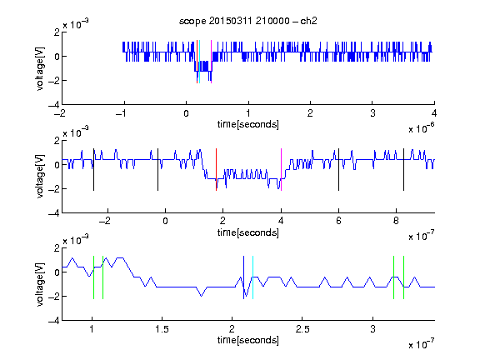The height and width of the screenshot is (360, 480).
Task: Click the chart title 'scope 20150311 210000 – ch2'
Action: (248, 21)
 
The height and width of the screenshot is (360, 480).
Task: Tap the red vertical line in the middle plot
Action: (216, 170)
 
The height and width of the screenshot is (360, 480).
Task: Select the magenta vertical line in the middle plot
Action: (281, 170)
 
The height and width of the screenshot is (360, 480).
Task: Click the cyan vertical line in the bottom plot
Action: (252, 277)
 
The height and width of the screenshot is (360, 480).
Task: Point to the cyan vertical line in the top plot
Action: (200, 62)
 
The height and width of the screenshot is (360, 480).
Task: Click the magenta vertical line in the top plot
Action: (211, 62)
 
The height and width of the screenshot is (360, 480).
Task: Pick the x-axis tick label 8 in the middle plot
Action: (396, 221)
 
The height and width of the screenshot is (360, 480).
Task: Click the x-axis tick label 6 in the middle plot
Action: (338, 221)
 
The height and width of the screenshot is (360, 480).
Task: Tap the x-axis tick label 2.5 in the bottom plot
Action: (302, 329)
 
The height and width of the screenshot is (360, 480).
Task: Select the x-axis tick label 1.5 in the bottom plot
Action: (162, 329)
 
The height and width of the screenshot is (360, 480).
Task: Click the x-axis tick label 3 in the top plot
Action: (372, 113)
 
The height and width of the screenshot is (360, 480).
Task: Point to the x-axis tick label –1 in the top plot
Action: (122, 113)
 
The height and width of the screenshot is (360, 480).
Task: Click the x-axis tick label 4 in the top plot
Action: (434, 113)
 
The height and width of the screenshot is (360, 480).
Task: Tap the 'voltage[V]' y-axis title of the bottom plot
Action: (40, 284)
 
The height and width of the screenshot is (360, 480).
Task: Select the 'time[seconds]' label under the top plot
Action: (248, 124)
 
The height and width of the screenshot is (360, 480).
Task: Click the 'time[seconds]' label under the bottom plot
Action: (248, 340)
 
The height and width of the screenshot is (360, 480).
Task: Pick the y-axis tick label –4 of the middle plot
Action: (54, 213)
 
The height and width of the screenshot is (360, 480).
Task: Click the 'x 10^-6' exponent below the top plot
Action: (421, 128)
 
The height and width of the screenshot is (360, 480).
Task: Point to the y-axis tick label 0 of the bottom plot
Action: (57, 272)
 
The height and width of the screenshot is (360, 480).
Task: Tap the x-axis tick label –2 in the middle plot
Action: (105, 221)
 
